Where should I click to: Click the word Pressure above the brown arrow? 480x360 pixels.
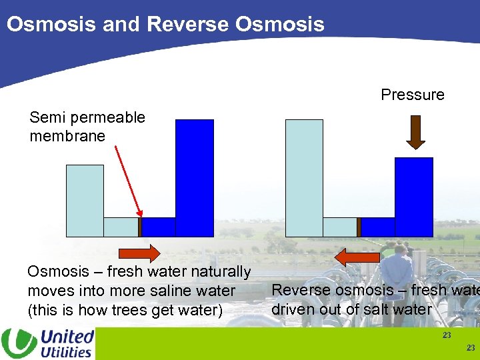pos(412,95)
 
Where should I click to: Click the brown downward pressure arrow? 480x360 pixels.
pos(416,131)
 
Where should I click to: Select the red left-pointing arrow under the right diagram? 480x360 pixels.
pos(357,257)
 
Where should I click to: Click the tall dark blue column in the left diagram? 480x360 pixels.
pos(194,177)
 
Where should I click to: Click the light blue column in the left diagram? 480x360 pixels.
pos(85,200)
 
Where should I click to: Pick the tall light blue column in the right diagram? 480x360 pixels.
pos(304,177)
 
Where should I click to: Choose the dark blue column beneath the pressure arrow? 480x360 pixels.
pos(414,197)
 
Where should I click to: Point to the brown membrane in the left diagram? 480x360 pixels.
pos(140,227)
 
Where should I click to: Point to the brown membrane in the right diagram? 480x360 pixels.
pos(359,227)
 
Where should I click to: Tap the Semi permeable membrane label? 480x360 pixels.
pos(87,127)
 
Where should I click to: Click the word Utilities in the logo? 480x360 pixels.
pos(66,351)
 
